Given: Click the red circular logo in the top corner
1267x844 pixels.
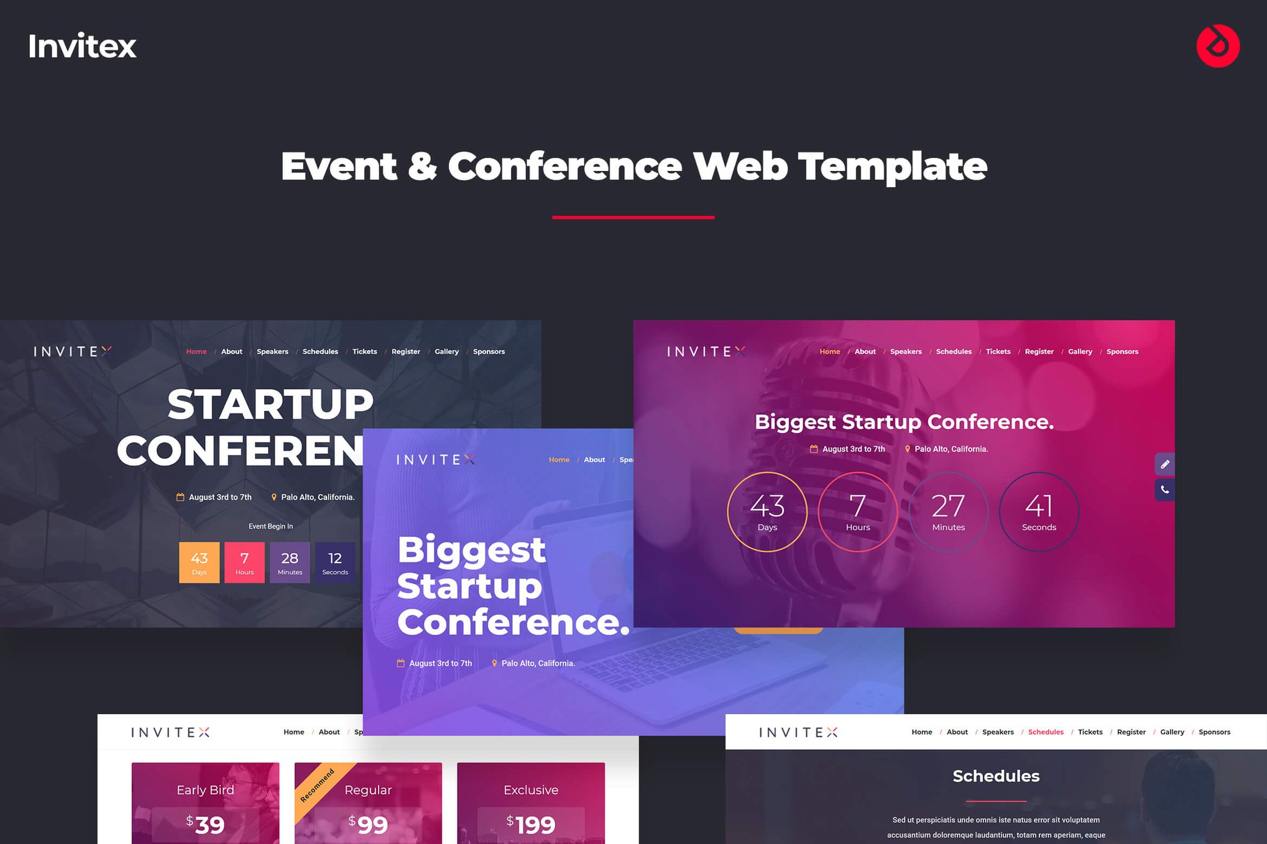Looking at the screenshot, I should pyautogui.click(x=1217, y=46).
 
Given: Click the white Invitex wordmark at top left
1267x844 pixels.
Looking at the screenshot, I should pyautogui.click(x=82, y=46).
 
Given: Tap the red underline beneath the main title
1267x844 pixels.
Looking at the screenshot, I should pyautogui.click(x=633, y=217).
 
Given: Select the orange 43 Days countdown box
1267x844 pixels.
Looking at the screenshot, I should pyautogui.click(x=199, y=562).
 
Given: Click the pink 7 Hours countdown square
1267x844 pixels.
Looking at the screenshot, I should pyautogui.click(x=244, y=562).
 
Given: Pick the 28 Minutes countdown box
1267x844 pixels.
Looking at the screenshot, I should pyautogui.click(x=290, y=562).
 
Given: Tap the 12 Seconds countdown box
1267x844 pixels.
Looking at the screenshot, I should pyautogui.click(x=335, y=562).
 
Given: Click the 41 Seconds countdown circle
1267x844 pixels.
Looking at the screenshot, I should pyautogui.click(x=1039, y=511).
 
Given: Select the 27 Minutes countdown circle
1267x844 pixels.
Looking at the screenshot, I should pyautogui.click(x=948, y=511).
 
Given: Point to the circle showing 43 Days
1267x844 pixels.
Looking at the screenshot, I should pyautogui.click(x=767, y=511).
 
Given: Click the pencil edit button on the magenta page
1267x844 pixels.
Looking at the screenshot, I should pyautogui.click(x=1164, y=464).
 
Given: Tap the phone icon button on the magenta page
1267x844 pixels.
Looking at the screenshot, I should pyautogui.click(x=1164, y=490).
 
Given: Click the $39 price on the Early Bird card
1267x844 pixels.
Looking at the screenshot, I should pyautogui.click(x=205, y=824).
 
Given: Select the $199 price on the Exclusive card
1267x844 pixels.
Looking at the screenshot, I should pyautogui.click(x=531, y=824).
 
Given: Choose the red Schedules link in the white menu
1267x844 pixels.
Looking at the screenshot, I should pyautogui.click(x=1046, y=732).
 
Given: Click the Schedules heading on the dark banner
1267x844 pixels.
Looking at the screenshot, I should pyautogui.click(x=996, y=776).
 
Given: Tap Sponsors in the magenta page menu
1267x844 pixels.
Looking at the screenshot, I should pyautogui.click(x=1122, y=352).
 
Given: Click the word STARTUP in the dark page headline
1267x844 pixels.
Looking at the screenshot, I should pyautogui.click(x=270, y=405).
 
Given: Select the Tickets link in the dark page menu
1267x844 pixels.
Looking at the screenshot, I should pyautogui.click(x=364, y=352).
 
